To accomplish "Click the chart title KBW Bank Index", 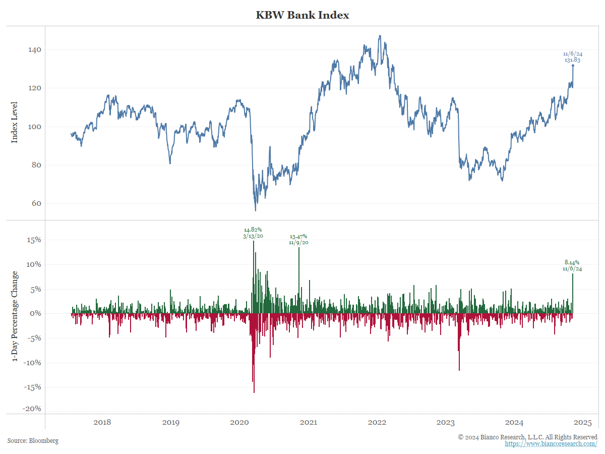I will pyautogui.click(x=302, y=15).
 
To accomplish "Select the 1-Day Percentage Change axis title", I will pyautogui.click(x=15, y=316).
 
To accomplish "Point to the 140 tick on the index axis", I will pyautogui.click(x=34, y=50).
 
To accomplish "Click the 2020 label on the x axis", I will pyautogui.click(x=239, y=422).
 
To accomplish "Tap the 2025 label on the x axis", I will pyautogui.click(x=583, y=422).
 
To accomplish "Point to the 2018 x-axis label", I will pyautogui.click(x=102, y=422).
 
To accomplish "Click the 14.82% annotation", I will pyautogui.click(x=253, y=230).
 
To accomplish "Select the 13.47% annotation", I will pyautogui.click(x=298, y=237).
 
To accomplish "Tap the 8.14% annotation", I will pyautogui.click(x=572, y=262).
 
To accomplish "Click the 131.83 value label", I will pyautogui.click(x=573, y=60).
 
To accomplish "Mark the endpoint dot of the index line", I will pyautogui.click(x=573, y=66).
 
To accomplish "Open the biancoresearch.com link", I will pyautogui.click(x=551, y=443).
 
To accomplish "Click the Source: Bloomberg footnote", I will pyautogui.click(x=33, y=440).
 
